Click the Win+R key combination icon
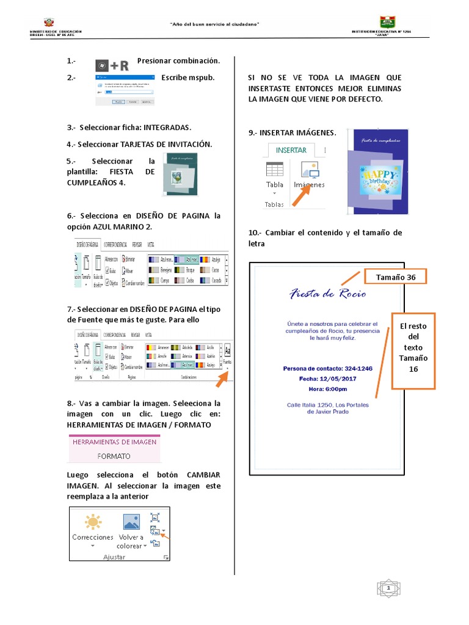[x=112, y=65]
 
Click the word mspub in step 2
[x=202, y=78]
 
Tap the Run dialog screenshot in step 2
[x=125, y=90]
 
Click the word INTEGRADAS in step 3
[x=167, y=128]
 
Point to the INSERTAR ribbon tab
[x=291, y=150]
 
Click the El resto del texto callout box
[x=413, y=352]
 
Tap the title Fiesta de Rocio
[x=327, y=294]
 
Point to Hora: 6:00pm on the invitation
[x=327, y=389]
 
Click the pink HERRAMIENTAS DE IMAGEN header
[x=114, y=441]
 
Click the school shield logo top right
[x=387, y=22]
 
